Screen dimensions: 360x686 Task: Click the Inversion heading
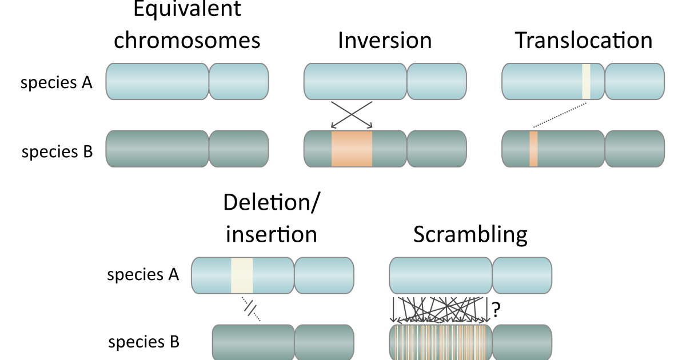[385, 41]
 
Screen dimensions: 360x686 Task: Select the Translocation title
[583, 41]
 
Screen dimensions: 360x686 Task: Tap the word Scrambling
[470, 234]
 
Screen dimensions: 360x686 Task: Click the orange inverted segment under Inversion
[352, 149]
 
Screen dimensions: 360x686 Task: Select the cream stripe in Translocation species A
[585, 81]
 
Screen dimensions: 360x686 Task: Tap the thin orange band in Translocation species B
[533, 149]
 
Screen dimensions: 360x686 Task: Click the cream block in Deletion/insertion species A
[242, 275]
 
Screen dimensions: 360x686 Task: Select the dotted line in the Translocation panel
[560, 115]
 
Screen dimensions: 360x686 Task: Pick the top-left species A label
[57, 83]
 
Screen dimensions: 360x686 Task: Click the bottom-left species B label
[143, 342]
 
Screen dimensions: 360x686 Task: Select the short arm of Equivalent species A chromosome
[239, 81]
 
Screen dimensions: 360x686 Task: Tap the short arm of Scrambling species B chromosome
[522, 342]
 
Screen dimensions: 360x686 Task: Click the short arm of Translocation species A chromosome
[635, 81]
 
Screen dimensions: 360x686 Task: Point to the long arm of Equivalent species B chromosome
[158, 149]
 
